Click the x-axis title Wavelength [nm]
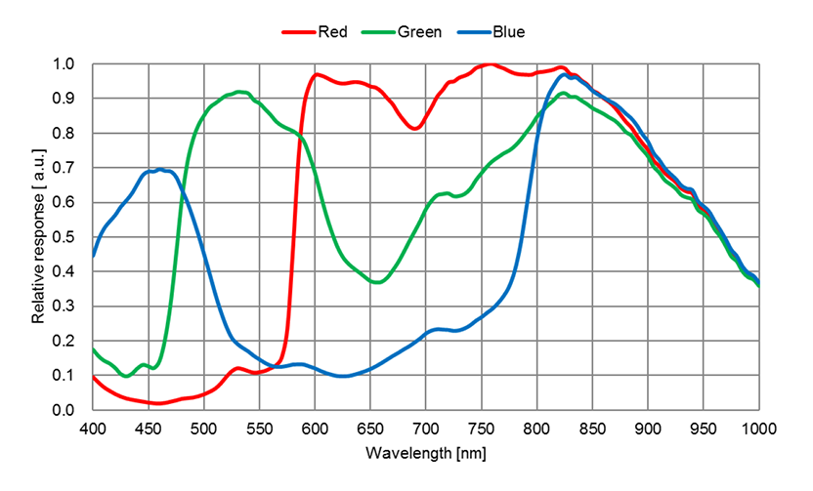[425, 454]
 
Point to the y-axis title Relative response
[38, 237]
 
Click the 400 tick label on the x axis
[93, 429]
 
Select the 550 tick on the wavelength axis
[259, 429]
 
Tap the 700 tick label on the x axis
[425, 429]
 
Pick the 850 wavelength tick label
[592, 429]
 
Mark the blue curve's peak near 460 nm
[159, 170]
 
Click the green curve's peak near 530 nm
[240, 92]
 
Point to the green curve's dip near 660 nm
[380, 282]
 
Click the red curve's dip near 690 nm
[415, 128]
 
